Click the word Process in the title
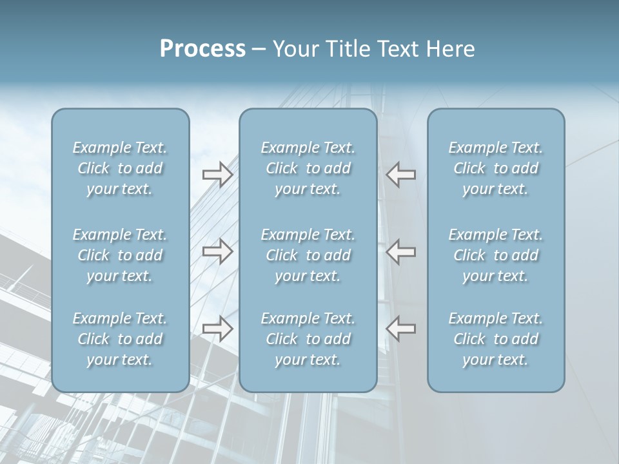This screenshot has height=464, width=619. [x=202, y=49]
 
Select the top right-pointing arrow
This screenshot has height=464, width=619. [x=217, y=175]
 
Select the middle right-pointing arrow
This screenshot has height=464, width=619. [x=217, y=251]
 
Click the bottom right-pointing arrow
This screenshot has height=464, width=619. [x=217, y=329]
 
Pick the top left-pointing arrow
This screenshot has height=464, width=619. [x=401, y=175]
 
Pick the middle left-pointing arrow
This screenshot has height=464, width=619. [x=401, y=251]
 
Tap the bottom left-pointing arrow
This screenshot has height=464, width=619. [x=401, y=329]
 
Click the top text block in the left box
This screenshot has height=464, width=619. [x=120, y=168]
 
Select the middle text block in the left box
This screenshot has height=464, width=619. [x=120, y=255]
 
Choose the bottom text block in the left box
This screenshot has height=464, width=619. [x=120, y=339]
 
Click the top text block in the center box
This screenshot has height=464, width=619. [x=308, y=168]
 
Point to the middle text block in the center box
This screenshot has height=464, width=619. [x=308, y=255]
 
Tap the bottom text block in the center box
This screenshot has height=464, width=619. [x=308, y=339]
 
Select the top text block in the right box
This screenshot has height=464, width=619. [x=495, y=168]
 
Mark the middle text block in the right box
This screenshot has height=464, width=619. [x=495, y=255]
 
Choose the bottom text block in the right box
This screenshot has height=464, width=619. [x=495, y=339]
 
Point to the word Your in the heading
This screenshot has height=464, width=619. [x=295, y=49]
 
